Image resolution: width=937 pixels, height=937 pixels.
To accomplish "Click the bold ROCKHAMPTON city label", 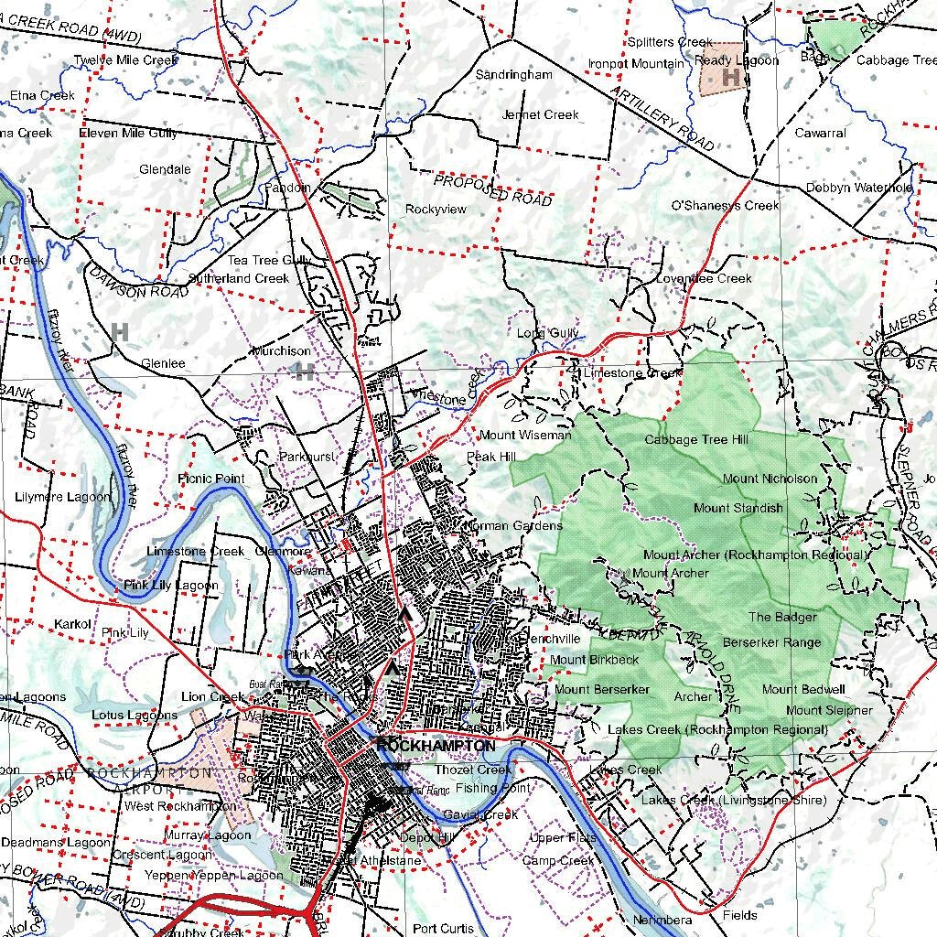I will pos(436,747).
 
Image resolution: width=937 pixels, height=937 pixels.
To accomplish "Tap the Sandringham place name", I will pos(514,74).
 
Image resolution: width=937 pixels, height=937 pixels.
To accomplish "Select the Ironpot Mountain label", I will pos(636,64).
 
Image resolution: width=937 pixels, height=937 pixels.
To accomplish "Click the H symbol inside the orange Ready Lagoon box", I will pos(731,78).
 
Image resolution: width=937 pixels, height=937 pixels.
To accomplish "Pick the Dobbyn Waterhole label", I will pos(859,188).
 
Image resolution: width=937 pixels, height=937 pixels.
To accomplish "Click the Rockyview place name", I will pos(436,210).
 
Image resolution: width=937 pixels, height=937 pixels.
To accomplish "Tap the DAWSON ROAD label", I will pos(141,280).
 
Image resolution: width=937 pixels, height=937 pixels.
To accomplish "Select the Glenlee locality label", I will pos(163,363).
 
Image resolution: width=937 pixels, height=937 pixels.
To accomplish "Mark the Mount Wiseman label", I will pos(525,436).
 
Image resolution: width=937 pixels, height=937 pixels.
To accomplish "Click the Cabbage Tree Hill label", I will pos(696,440).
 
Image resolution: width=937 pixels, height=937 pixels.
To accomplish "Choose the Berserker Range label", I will pos(771,642).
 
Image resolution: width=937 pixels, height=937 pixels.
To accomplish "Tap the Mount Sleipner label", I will pos(829,710).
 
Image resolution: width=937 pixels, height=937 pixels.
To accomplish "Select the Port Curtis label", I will pos(444,929).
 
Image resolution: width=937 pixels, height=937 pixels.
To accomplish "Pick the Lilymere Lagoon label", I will pos(63,497).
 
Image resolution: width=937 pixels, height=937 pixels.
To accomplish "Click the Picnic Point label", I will pos(211,479).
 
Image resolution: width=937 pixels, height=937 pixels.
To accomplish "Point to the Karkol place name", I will pos(72,624).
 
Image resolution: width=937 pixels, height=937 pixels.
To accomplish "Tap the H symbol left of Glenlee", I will pos(120,331).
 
